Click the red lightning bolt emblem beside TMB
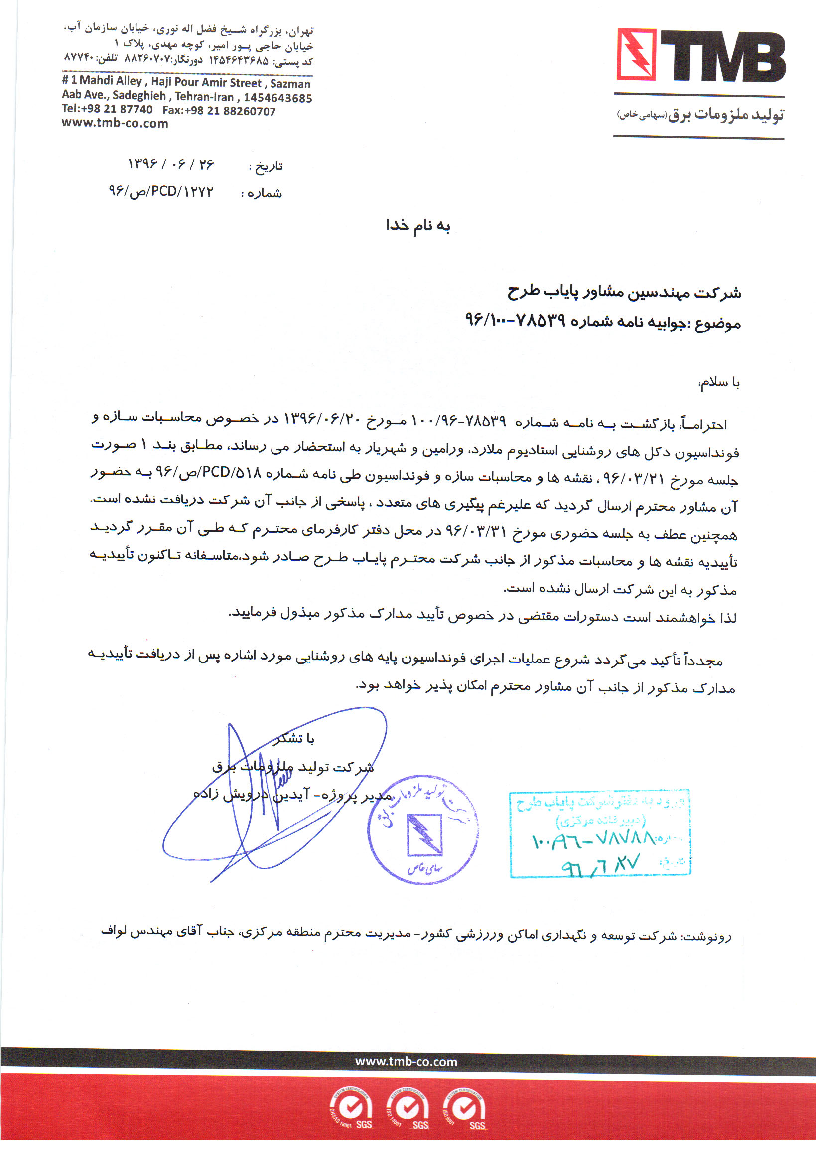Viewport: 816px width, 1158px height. (636, 54)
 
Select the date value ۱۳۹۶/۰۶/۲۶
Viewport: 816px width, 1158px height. (171, 165)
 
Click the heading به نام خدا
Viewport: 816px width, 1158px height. (417, 225)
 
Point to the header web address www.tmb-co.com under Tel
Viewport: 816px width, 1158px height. (115, 124)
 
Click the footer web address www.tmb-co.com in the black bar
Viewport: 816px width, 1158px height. (406, 1062)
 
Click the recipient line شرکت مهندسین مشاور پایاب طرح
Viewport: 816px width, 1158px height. (624, 292)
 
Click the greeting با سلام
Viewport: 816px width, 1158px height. (719, 383)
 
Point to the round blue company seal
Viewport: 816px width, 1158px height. (423, 829)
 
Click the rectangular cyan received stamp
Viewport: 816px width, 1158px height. (600, 833)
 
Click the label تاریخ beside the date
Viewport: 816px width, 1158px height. (266, 166)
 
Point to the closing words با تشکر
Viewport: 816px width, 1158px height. (294, 739)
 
